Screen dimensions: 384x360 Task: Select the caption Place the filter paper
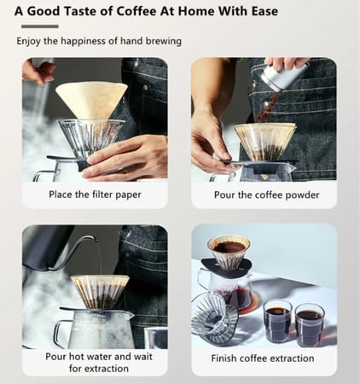click(x=95, y=195)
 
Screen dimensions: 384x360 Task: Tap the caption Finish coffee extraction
click(x=263, y=358)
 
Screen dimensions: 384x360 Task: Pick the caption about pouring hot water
click(x=95, y=363)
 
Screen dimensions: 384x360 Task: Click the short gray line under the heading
click(x=38, y=27)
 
